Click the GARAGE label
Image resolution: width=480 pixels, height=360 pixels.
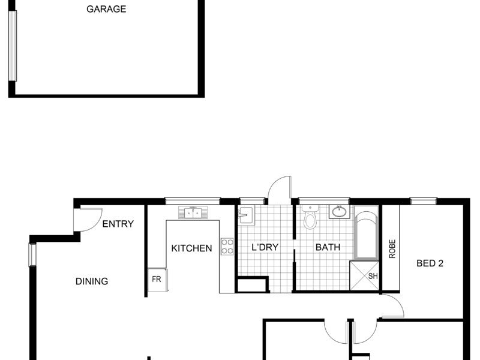(106, 9)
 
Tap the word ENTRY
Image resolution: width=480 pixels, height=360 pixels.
(118, 224)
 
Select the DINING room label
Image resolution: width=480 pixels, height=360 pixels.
(92, 281)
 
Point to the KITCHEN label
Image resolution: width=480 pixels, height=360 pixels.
(191, 248)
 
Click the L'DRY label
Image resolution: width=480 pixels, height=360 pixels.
(265, 247)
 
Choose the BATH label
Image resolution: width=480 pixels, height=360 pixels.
(328, 247)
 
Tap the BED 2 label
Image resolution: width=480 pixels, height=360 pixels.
(430, 263)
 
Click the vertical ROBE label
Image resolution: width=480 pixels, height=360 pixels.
(392, 249)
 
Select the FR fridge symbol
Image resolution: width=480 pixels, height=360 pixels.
(158, 280)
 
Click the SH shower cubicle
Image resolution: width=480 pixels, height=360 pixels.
(364, 275)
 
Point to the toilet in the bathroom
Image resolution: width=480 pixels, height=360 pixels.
(310, 217)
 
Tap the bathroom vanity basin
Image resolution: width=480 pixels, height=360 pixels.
(340, 212)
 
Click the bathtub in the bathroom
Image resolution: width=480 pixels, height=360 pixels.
(367, 232)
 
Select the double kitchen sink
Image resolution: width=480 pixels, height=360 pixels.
(193, 213)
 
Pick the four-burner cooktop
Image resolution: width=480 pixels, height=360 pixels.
(227, 247)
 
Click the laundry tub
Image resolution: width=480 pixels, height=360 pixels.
(246, 216)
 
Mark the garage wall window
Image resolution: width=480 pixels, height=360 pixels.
(13, 46)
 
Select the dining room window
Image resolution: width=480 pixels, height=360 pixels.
(32, 254)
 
